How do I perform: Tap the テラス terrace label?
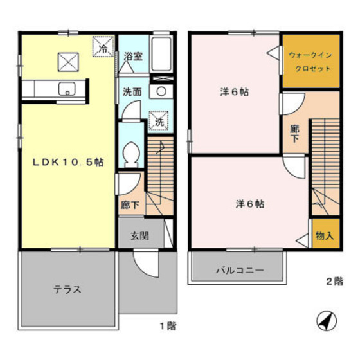click(x=67, y=289)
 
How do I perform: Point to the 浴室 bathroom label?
click(x=134, y=56)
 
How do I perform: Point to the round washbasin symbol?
click(x=162, y=91)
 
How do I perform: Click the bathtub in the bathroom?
click(x=162, y=58)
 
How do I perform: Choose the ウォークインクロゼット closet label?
click(x=311, y=62)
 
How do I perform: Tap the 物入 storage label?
click(x=325, y=236)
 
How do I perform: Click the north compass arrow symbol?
click(x=326, y=319)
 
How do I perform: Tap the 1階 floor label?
click(x=167, y=325)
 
